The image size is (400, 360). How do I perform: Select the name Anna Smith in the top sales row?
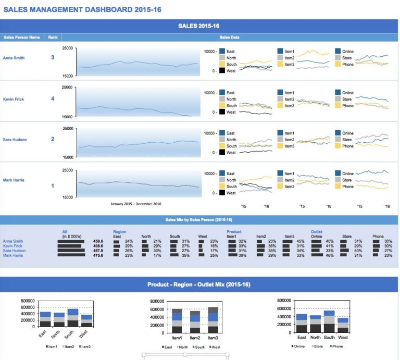13,58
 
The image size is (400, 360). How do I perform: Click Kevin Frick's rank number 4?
52,98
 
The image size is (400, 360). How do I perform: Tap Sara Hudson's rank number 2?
52,139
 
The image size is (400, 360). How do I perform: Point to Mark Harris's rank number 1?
52,186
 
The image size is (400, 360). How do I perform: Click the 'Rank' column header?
53,38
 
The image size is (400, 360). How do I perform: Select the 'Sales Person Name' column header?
21,38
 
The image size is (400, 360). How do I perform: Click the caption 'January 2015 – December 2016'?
136,204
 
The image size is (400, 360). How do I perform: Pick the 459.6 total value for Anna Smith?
98,241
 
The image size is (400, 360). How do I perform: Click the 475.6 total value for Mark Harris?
98,255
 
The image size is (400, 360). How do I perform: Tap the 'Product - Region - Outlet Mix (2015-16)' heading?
199,284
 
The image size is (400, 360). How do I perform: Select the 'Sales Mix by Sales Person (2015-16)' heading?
198,220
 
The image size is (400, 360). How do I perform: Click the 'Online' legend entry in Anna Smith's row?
347,52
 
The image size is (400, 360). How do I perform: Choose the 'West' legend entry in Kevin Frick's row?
231,112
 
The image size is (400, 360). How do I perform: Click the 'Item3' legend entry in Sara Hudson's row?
289,146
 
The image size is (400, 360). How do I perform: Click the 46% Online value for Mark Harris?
329,255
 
